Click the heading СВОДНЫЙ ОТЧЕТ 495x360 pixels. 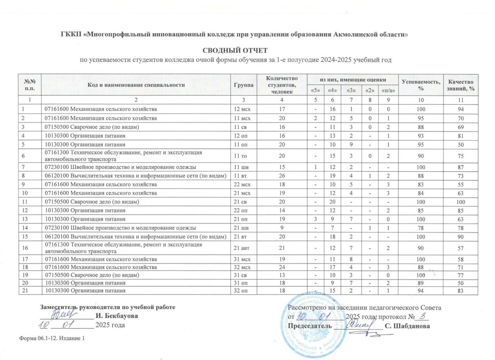pyautogui.click(x=235, y=50)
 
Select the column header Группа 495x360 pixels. pyautogui.click(x=243, y=85)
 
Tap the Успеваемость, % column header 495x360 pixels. pyautogui.click(x=421, y=85)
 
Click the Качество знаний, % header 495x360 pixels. pyautogui.click(x=461, y=85)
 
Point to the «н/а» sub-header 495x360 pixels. pyautogui.click(x=388, y=90)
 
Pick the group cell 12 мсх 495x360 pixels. pyautogui.click(x=242, y=109)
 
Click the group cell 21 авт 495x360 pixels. pyautogui.click(x=242, y=248)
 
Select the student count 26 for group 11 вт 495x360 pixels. pyautogui.click(x=282, y=176)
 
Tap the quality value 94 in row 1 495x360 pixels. pyautogui.click(x=461, y=109)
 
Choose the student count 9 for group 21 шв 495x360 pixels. pyautogui.click(x=282, y=228)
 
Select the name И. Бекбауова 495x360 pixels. pyautogui.click(x=117, y=316)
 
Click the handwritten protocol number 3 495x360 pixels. pyautogui.click(x=423, y=316)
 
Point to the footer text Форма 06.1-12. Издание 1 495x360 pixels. pyautogui.click(x=52, y=338)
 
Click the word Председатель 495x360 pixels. pyautogui.click(x=310, y=326)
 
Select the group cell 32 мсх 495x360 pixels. pyautogui.click(x=242, y=267)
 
